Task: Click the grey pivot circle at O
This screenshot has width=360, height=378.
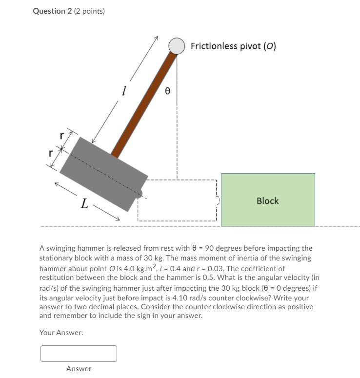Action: tap(177, 46)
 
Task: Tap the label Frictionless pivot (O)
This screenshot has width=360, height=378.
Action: tap(233, 46)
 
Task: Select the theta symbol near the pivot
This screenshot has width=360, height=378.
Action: tap(167, 91)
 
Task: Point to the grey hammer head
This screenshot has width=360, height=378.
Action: tap(103, 173)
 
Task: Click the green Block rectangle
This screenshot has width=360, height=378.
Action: tap(268, 215)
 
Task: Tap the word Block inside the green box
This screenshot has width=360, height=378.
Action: tap(267, 200)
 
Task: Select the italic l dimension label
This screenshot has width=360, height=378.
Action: tap(124, 91)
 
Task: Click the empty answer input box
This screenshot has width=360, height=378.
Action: tap(79, 354)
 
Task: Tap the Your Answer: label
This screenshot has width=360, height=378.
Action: tap(61, 332)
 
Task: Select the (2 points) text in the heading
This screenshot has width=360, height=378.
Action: tap(89, 11)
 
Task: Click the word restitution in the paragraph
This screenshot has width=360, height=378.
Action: tap(56, 278)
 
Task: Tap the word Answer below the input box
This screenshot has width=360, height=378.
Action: tap(79, 369)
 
